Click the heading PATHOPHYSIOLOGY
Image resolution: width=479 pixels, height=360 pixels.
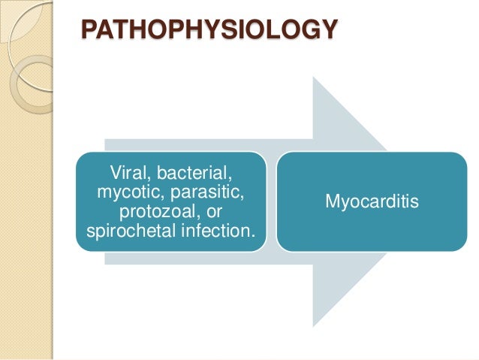[209, 32]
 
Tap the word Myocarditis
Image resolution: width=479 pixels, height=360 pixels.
[372, 201]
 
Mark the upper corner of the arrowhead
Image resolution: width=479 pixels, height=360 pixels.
[314, 77]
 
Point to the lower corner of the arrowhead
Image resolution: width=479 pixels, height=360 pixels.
[314, 325]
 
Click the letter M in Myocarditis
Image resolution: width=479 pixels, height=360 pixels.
[331, 201]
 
